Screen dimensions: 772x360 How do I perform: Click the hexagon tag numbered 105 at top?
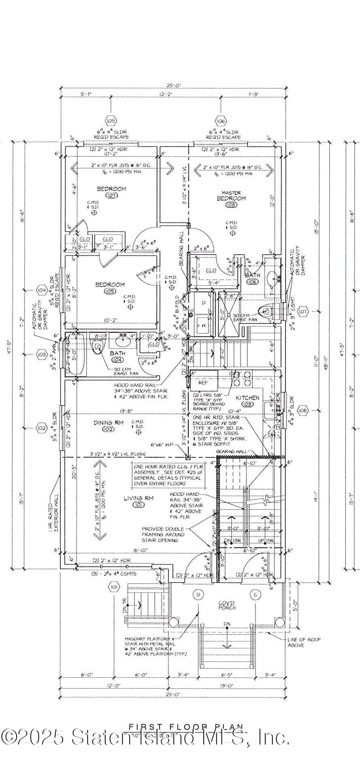click(111, 121)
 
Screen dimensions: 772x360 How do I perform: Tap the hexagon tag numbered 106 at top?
click(221, 121)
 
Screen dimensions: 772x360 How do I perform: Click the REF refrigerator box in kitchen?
click(203, 383)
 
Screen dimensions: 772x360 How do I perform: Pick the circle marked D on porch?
click(199, 595)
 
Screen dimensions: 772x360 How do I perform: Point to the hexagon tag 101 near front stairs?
click(114, 587)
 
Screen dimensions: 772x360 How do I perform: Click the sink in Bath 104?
click(123, 341)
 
